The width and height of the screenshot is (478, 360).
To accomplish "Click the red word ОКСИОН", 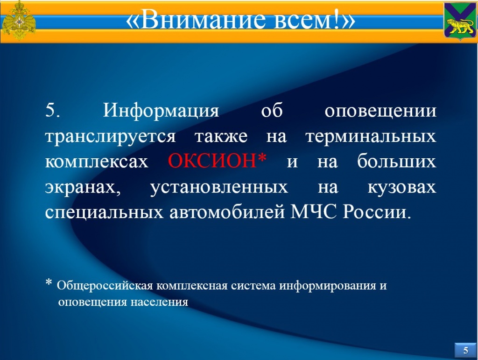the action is pyautogui.click(x=212, y=161).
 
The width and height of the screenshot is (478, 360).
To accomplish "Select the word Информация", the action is pyautogui.click(x=161, y=110).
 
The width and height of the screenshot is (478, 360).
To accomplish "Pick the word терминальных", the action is pyautogui.click(x=371, y=136).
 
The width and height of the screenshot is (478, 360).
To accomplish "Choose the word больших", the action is pyautogui.click(x=397, y=161).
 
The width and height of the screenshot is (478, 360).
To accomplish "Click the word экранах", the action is pyautogui.click(x=83, y=188).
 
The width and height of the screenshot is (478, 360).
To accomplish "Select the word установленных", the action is pyautogui.click(x=219, y=188).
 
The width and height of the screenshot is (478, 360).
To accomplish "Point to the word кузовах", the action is pyautogui.click(x=402, y=188).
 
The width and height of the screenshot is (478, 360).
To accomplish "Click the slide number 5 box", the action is pyautogui.click(x=465, y=350).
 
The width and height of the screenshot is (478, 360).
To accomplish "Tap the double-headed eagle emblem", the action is pyautogui.click(x=18, y=21).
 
